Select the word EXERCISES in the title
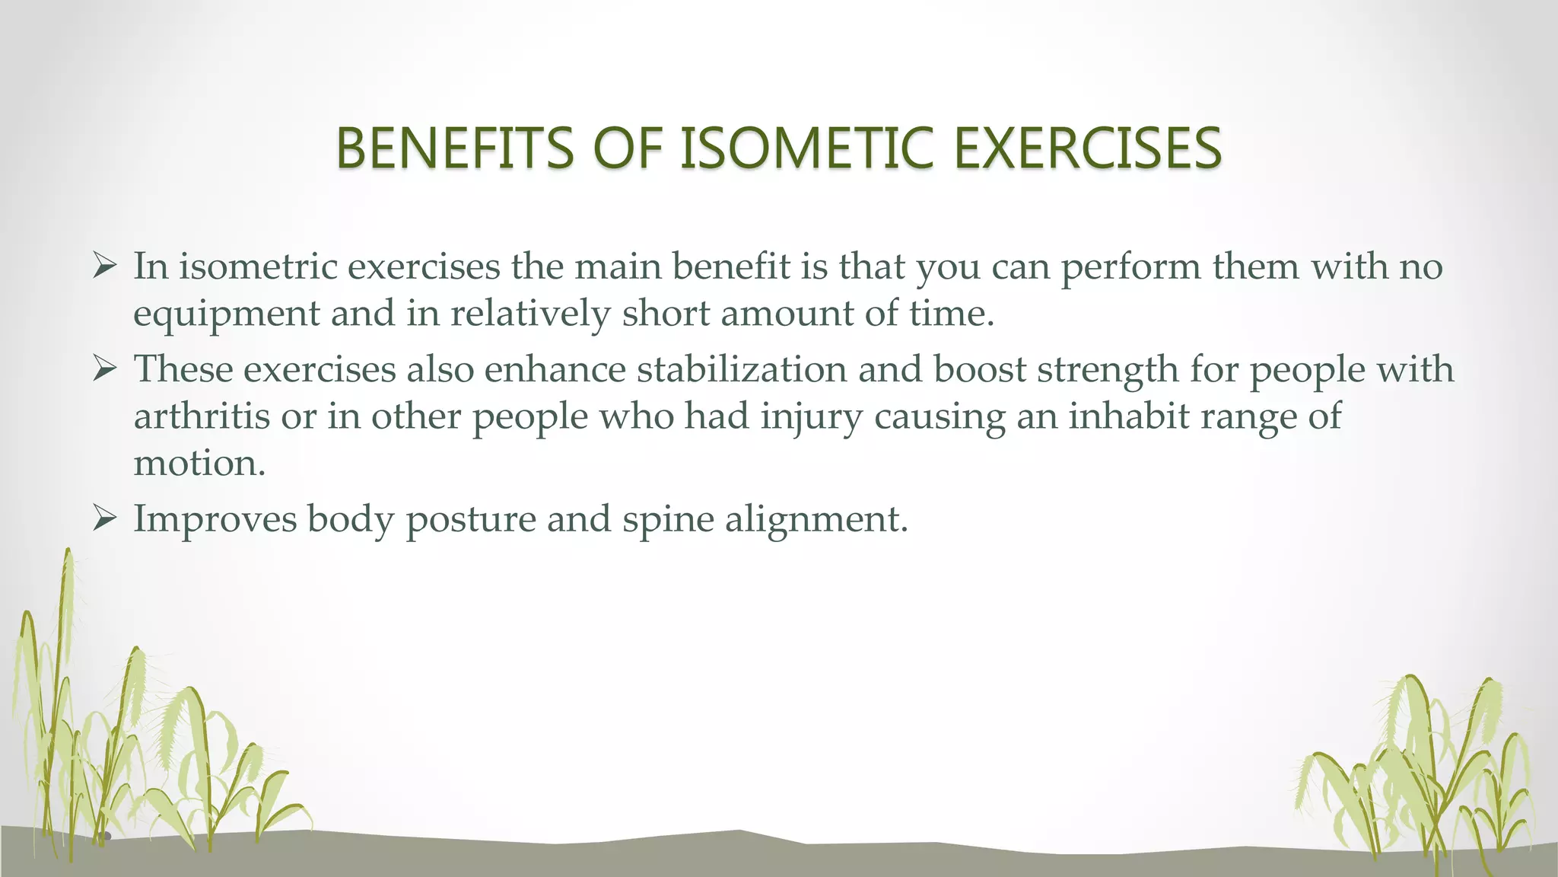1087,148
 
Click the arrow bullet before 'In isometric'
104,266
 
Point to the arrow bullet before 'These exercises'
104,369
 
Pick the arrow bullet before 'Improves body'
104,519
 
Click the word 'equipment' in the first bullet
226,314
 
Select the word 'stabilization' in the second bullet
741,369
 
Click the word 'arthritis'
202,416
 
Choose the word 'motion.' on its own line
199,463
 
